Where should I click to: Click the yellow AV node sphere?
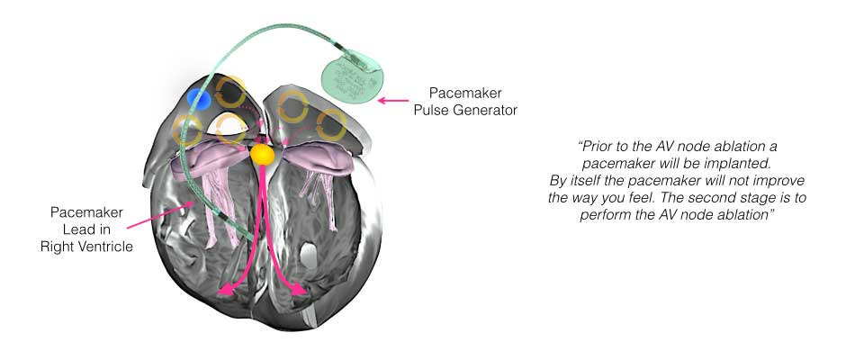tap(262, 155)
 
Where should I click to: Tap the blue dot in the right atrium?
tap(199, 99)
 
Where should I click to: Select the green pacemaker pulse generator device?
tap(353, 76)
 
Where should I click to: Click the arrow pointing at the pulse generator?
tap(392, 101)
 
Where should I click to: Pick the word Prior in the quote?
tap(597, 147)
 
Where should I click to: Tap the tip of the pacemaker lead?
tap(250, 238)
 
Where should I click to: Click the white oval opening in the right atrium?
tap(229, 124)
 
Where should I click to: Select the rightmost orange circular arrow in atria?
tap(330, 125)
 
